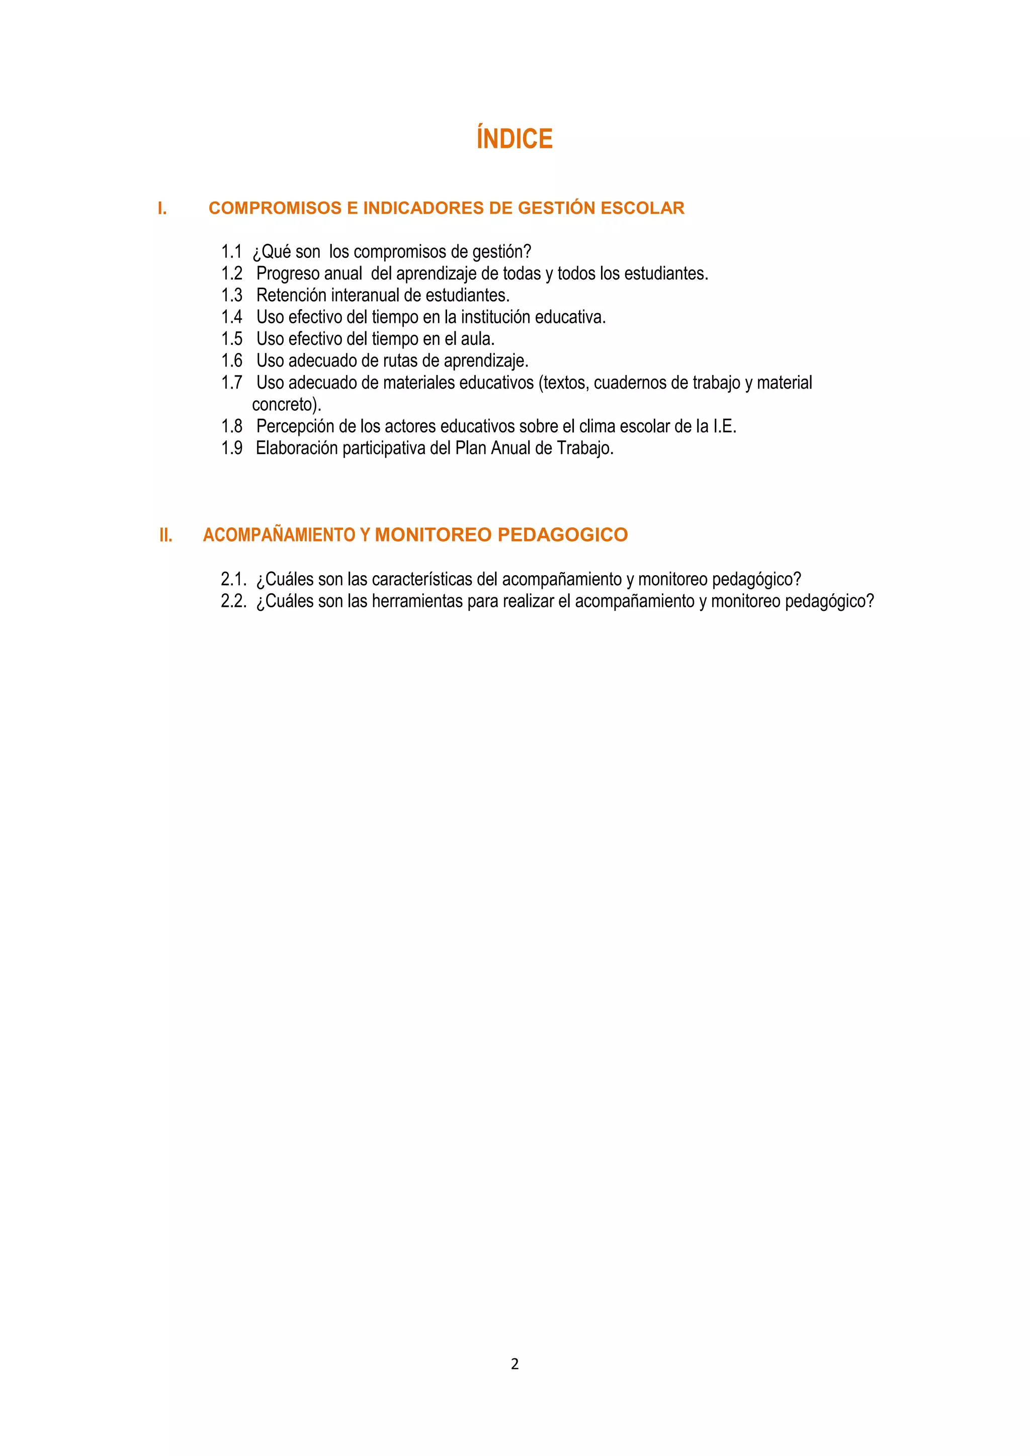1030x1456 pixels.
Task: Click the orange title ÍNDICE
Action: coord(514,139)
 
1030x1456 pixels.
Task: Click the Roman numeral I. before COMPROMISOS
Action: coord(162,209)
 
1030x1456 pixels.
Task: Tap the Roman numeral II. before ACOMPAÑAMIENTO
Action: coord(165,535)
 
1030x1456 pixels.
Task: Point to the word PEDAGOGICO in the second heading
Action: coord(563,534)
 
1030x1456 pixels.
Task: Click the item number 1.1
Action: coord(231,252)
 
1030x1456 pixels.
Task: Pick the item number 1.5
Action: coord(231,339)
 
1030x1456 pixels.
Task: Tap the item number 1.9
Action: coord(231,448)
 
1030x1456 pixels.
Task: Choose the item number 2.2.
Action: coord(233,601)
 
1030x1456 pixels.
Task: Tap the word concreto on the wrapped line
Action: coord(285,405)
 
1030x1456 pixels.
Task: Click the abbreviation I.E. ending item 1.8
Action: coord(724,427)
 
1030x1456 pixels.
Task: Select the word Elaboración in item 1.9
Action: coord(297,448)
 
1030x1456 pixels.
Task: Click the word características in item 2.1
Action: coord(420,580)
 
